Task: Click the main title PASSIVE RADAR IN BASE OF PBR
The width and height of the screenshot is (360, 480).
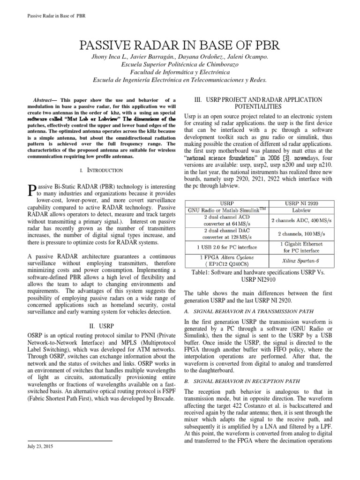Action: click(180, 45)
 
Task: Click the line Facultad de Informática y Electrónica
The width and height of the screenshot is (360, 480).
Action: click(180, 72)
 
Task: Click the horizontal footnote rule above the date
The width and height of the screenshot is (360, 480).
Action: click(70, 441)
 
